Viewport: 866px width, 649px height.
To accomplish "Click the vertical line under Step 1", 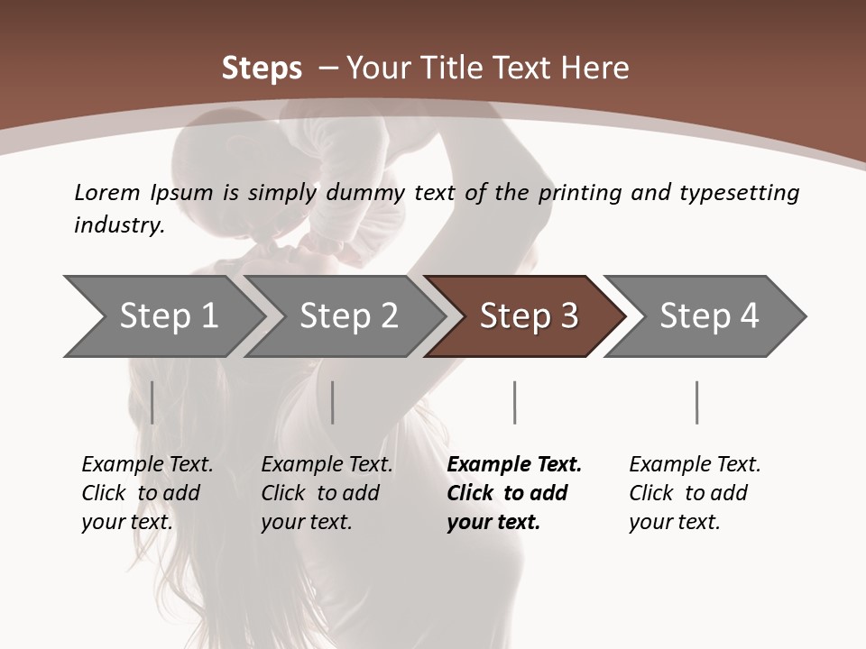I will point(152,402).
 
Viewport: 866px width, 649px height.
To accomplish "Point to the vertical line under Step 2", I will point(333,402).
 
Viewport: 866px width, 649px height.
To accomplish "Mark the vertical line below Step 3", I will point(514,402).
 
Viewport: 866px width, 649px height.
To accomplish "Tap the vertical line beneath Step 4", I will point(696,402).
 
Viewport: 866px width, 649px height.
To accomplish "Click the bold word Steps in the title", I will point(262,69).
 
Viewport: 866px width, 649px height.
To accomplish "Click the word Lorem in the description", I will point(106,193).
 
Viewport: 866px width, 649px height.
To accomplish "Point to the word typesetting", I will point(739,193).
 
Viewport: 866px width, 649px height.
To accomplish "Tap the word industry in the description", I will point(119,225).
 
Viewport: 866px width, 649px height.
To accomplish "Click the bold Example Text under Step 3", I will point(514,465).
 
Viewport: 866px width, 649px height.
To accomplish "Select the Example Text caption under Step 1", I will point(147,465).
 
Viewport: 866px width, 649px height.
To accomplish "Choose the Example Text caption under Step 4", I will point(695,465).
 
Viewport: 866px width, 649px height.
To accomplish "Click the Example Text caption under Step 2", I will point(327,465).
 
